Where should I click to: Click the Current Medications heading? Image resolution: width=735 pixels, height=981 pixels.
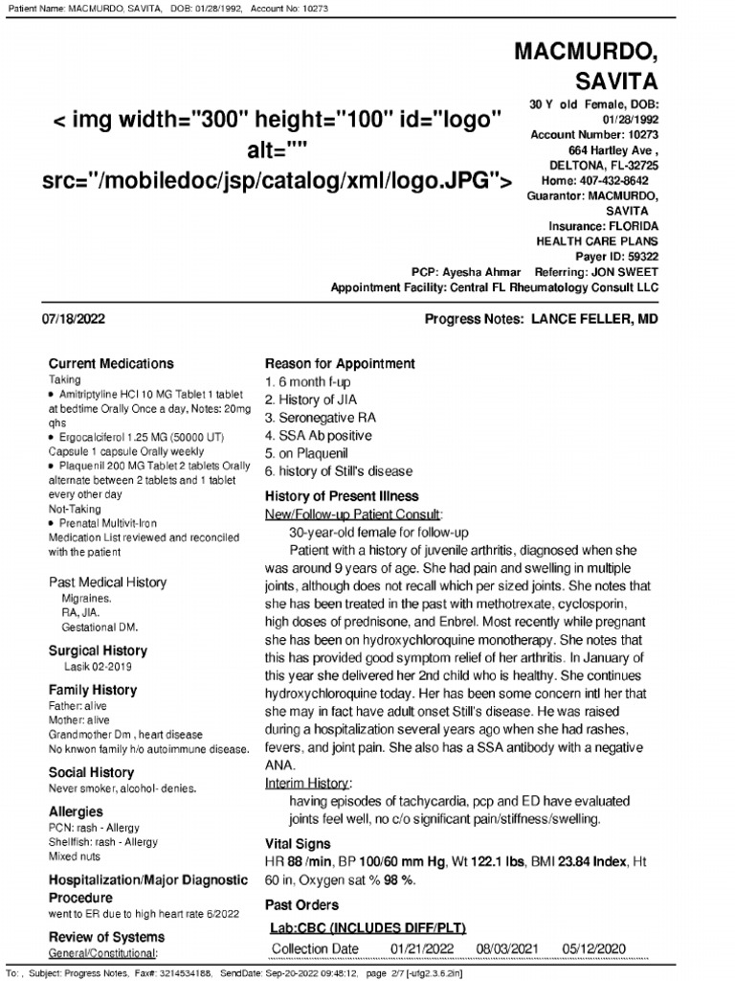pyautogui.click(x=111, y=364)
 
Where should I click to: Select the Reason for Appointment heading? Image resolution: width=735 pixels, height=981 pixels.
pyautogui.click(x=339, y=364)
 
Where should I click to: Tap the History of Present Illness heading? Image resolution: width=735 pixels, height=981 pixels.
pyautogui.click(x=342, y=496)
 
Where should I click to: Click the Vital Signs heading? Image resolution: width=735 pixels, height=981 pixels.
pyautogui.click(x=298, y=844)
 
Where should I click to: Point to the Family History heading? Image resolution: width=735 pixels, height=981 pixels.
pyautogui.click(x=93, y=690)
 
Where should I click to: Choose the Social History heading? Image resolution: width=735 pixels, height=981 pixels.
pyautogui.click(x=91, y=772)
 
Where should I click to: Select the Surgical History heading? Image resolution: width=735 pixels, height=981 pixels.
pyautogui.click(x=97, y=650)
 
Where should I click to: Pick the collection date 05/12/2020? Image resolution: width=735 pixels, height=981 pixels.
pyautogui.click(x=594, y=948)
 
